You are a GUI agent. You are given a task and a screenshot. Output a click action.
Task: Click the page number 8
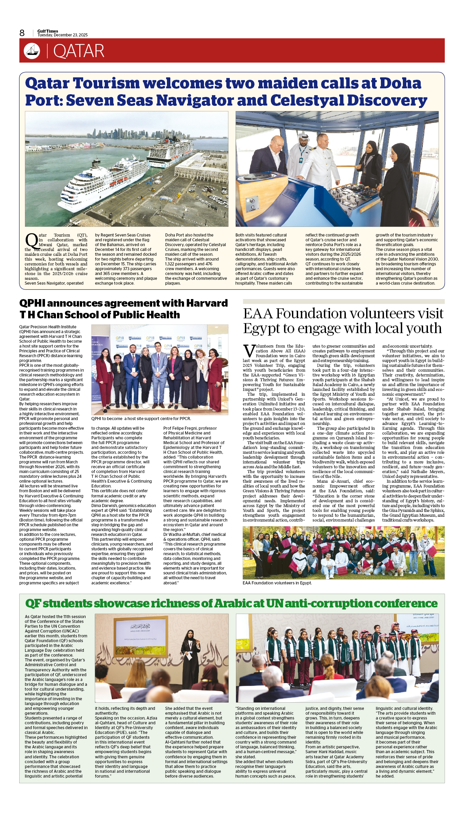(x=22, y=33)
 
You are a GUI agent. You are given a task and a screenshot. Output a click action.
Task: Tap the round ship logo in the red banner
(x=32, y=51)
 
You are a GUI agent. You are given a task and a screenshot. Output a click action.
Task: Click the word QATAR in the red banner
(x=79, y=51)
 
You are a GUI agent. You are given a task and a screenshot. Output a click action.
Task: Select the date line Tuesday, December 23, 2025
(x=63, y=35)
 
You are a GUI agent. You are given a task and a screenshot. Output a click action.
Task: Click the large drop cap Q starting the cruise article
(x=31, y=241)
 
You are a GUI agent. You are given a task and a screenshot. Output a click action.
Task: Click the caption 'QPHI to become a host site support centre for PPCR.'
(x=141, y=419)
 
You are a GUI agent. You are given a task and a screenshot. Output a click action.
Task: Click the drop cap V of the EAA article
(x=249, y=351)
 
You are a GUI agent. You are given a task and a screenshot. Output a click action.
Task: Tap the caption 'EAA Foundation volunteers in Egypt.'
(x=277, y=583)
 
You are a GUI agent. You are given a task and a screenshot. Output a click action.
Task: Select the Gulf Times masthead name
(x=48, y=31)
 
